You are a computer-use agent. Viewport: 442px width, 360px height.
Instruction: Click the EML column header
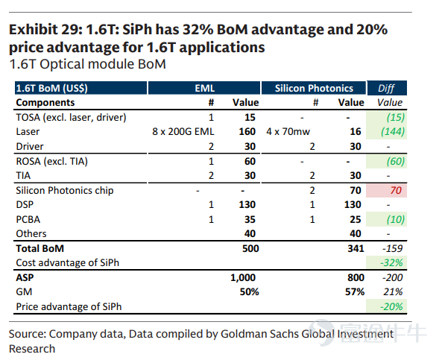coord(204,88)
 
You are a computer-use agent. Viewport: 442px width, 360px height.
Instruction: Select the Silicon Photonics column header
coord(314,88)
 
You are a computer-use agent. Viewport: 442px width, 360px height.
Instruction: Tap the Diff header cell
coord(386,88)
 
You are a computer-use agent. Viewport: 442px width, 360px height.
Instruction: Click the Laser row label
coord(28,132)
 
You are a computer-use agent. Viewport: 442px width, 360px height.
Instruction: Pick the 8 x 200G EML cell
coord(183,132)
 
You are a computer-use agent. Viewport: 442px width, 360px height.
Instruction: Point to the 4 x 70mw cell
coord(288,132)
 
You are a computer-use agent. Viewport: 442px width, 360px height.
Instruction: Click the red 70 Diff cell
coord(386,190)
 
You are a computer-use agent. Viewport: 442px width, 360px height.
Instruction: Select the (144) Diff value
coord(393,132)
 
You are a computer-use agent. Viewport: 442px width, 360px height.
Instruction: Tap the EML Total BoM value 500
coord(250,248)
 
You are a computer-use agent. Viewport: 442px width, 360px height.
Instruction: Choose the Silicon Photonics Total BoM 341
coord(356,248)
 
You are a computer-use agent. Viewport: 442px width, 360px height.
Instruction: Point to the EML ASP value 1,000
coord(243,278)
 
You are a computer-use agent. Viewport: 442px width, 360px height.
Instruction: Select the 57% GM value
coord(355,291)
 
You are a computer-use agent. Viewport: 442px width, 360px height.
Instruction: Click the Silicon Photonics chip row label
coord(65,191)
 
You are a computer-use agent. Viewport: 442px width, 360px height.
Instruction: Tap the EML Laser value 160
coord(247,132)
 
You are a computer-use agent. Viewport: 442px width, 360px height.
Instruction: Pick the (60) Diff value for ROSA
coord(396,161)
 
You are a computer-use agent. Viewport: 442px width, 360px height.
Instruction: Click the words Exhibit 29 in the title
coord(45,30)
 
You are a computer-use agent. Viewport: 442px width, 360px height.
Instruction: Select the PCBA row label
coord(28,220)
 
